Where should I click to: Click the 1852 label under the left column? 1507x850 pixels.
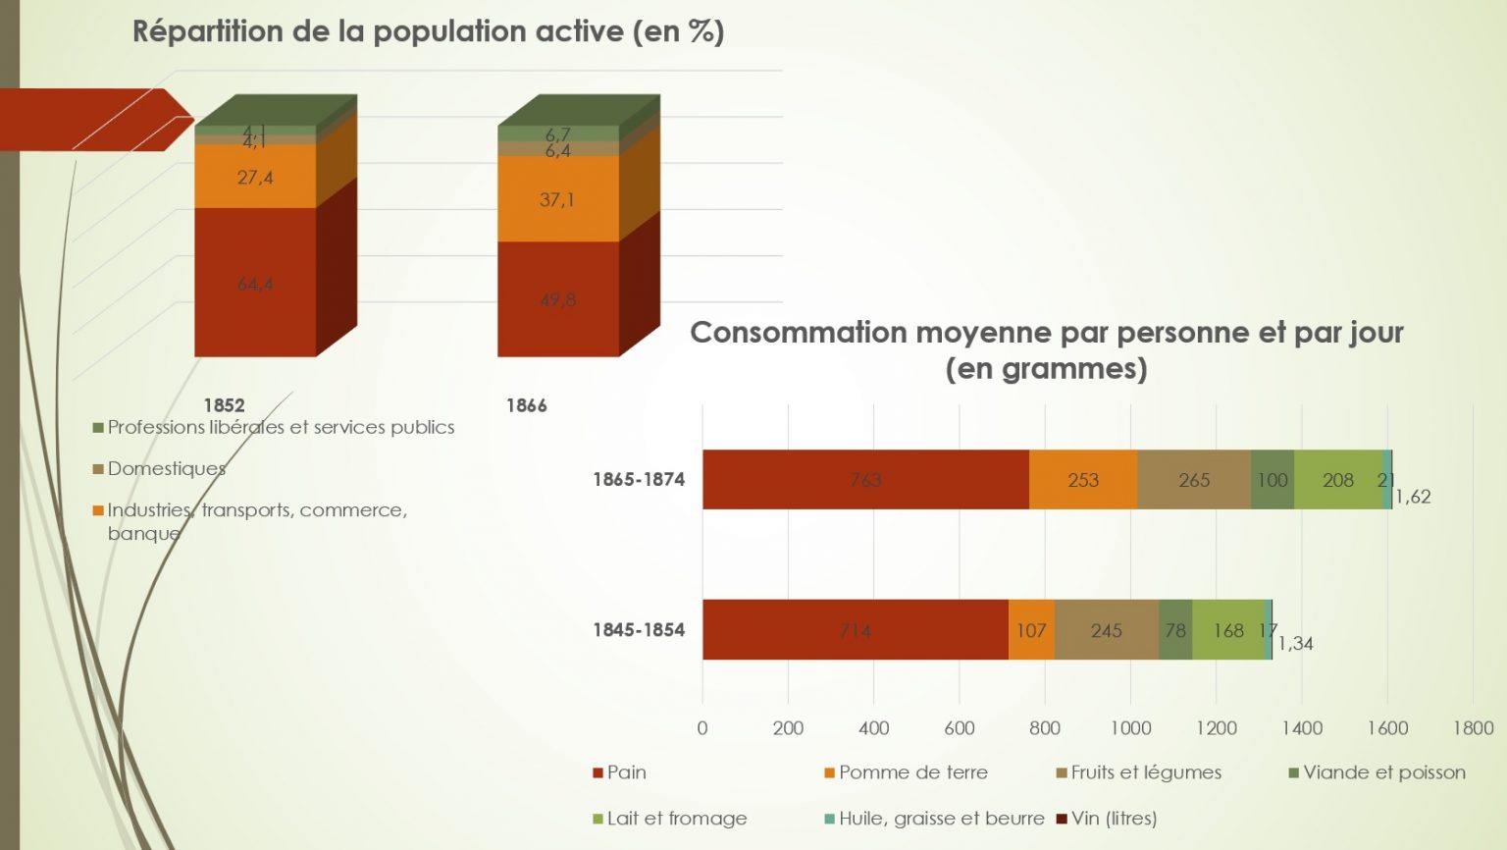coord(224,405)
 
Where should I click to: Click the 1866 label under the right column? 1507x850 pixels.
coord(526,405)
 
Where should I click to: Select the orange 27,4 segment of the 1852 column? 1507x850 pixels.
coord(255,178)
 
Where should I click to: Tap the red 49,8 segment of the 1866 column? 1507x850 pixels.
coord(558,299)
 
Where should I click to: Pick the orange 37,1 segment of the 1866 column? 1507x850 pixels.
coord(557,199)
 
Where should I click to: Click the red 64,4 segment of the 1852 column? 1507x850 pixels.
coord(255,284)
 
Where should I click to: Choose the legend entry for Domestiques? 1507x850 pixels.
coord(166,469)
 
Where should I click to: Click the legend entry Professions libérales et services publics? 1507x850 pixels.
coord(280,427)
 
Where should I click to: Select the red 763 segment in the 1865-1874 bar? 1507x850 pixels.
coord(865,480)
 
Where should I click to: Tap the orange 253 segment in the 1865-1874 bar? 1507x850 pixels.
coord(1083,480)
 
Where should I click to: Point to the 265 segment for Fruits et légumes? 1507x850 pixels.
coord(1194,480)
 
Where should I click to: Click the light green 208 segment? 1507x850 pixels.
coord(1337,480)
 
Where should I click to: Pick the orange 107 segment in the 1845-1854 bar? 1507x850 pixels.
coord(1031,630)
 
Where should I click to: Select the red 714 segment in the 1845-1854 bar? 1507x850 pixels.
coord(855,630)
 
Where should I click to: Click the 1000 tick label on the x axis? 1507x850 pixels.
coord(1130,728)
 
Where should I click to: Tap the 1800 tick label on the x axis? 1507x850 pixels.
coord(1473,728)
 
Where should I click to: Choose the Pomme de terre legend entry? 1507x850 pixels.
coord(912,772)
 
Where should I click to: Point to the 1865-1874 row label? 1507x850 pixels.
coord(639,480)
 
